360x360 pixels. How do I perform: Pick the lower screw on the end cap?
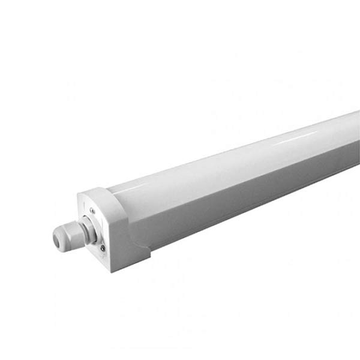pos(103,247)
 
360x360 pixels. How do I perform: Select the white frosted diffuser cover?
pos(240,168)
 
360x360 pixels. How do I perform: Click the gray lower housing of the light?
pos(252,198)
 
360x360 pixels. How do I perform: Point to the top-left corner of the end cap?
pos(79,194)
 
